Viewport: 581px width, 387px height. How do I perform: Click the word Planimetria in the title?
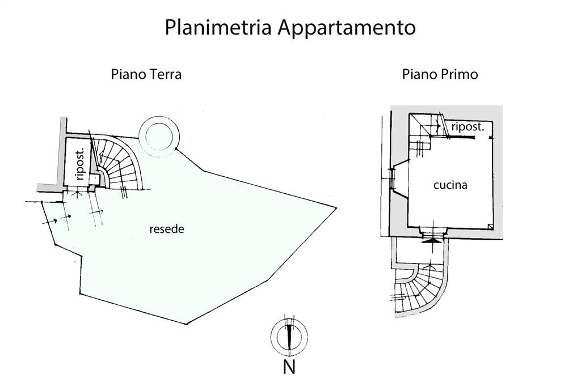(218, 28)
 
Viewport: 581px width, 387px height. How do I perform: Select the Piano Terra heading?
(146, 74)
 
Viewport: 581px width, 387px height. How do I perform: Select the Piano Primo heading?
(440, 74)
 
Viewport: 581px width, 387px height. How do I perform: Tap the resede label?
(167, 229)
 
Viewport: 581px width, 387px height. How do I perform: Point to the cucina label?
(450, 185)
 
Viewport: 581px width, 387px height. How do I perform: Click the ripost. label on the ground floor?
(81, 164)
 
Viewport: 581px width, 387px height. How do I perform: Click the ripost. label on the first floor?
(468, 127)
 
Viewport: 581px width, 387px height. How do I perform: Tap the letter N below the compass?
(289, 367)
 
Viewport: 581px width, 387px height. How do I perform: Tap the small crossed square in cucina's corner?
(490, 227)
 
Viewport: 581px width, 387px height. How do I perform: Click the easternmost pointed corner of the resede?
(336, 208)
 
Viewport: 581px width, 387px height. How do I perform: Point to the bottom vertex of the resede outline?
(186, 324)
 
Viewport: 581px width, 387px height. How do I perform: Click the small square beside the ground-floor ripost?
(94, 180)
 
